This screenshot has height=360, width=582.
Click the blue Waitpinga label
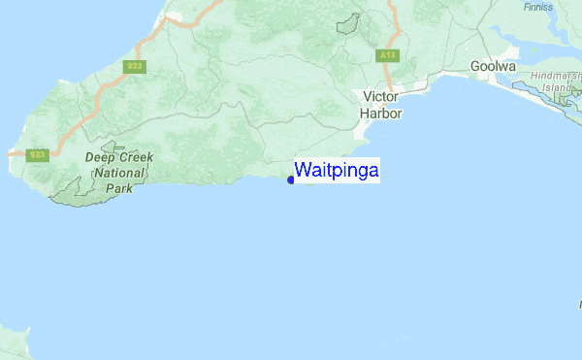[337, 171]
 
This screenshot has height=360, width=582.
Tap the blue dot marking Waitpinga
[291, 180]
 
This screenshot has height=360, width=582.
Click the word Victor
[380, 97]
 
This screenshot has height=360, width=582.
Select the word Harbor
[380, 113]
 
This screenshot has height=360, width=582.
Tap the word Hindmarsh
[557, 76]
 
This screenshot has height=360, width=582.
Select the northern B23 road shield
[134, 66]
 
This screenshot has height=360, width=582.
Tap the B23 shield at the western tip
[38, 154]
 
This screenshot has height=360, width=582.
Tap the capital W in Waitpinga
[303, 171]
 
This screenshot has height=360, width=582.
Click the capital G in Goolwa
[476, 66]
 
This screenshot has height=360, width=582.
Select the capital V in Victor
[367, 97]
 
